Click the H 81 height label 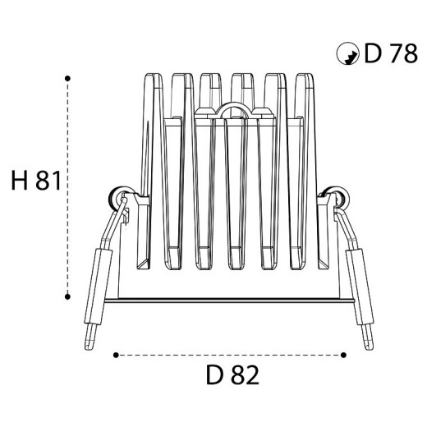36,181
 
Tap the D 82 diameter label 232,375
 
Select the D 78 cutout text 391,53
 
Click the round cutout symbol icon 347,53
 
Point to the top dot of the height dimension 67,79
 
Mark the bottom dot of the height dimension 67,296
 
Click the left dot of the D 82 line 116,356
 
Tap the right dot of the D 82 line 343,356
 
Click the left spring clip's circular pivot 118,198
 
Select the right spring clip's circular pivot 339,198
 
